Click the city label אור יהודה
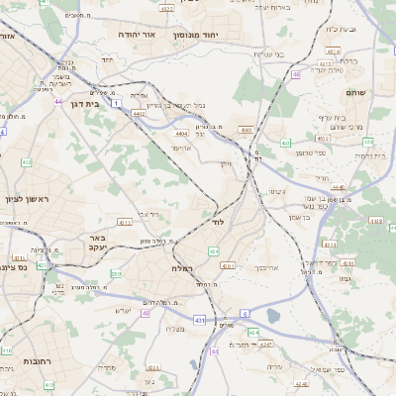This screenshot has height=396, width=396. (x=145, y=34)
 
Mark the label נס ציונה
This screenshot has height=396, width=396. (x=15, y=266)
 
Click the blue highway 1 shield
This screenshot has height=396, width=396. (x=116, y=102)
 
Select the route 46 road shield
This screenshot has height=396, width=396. (x=296, y=74)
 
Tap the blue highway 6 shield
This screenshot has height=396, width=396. (x=244, y=313)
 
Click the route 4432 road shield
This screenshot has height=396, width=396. (x=138, y=114)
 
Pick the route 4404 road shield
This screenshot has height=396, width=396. (x=180, y=132)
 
